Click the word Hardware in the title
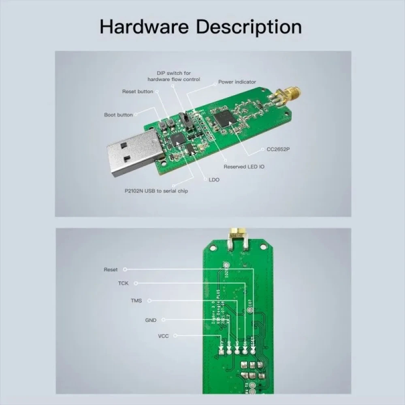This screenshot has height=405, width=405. [145, 26]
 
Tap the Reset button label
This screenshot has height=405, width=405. [138, 92]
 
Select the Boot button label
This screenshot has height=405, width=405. [118, 115]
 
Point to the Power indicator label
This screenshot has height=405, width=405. [237, 82]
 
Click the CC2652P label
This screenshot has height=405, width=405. [278, 149]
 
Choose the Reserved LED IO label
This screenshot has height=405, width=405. [244, 166]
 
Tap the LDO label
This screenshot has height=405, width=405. [214, 179]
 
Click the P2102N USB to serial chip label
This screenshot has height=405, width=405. [156, 190]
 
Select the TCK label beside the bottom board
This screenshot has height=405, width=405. [123, 283]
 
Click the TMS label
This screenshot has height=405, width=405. [136, 301]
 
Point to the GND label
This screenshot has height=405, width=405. [151, 320]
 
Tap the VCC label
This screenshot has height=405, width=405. [163, 336]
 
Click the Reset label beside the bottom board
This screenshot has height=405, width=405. [111, 269]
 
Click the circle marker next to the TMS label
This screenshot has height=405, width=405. [150, 301]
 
